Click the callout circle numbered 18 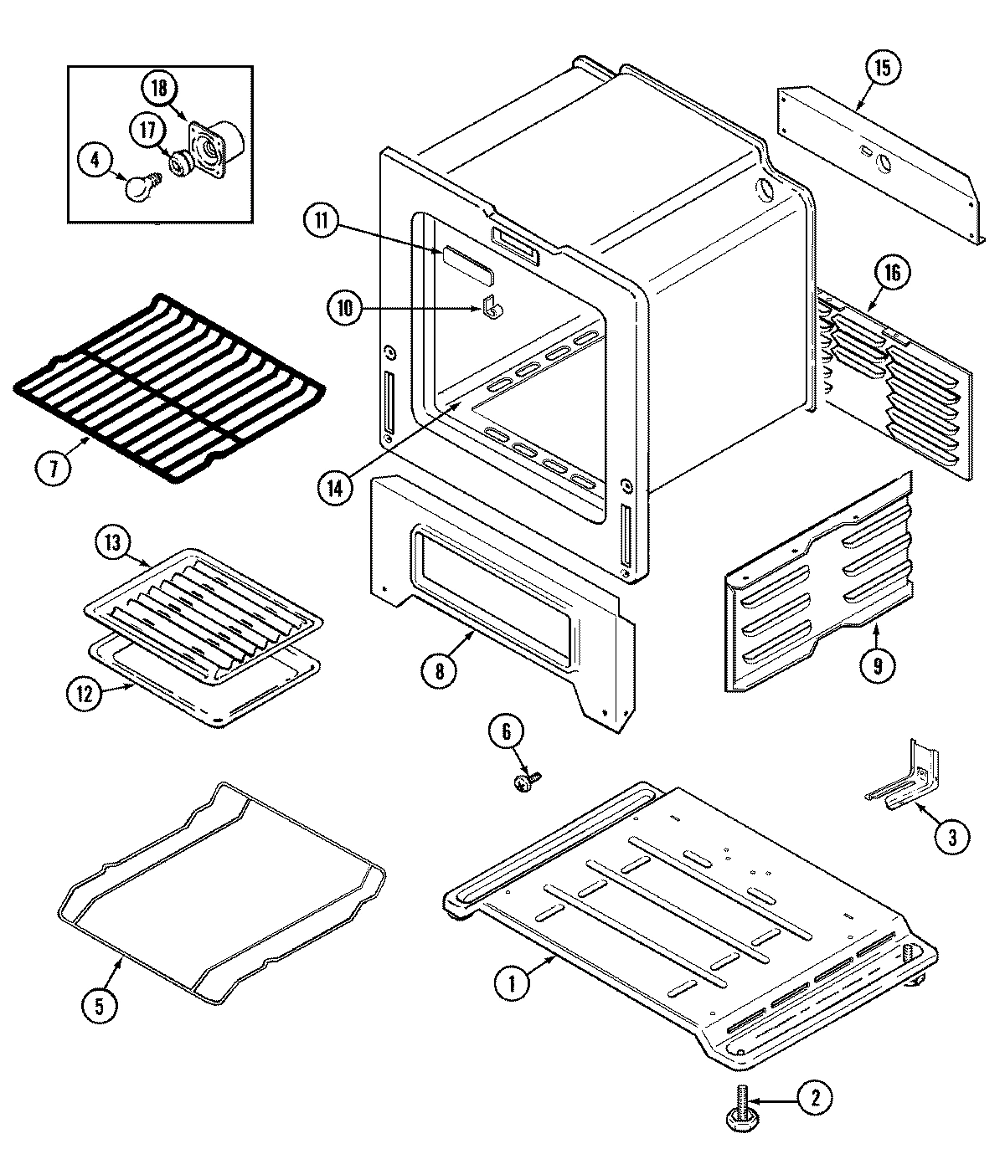tap(158, 86)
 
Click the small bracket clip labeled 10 tap(492, 307)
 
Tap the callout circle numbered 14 tap(335, 488)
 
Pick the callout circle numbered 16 tap(894, 274)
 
